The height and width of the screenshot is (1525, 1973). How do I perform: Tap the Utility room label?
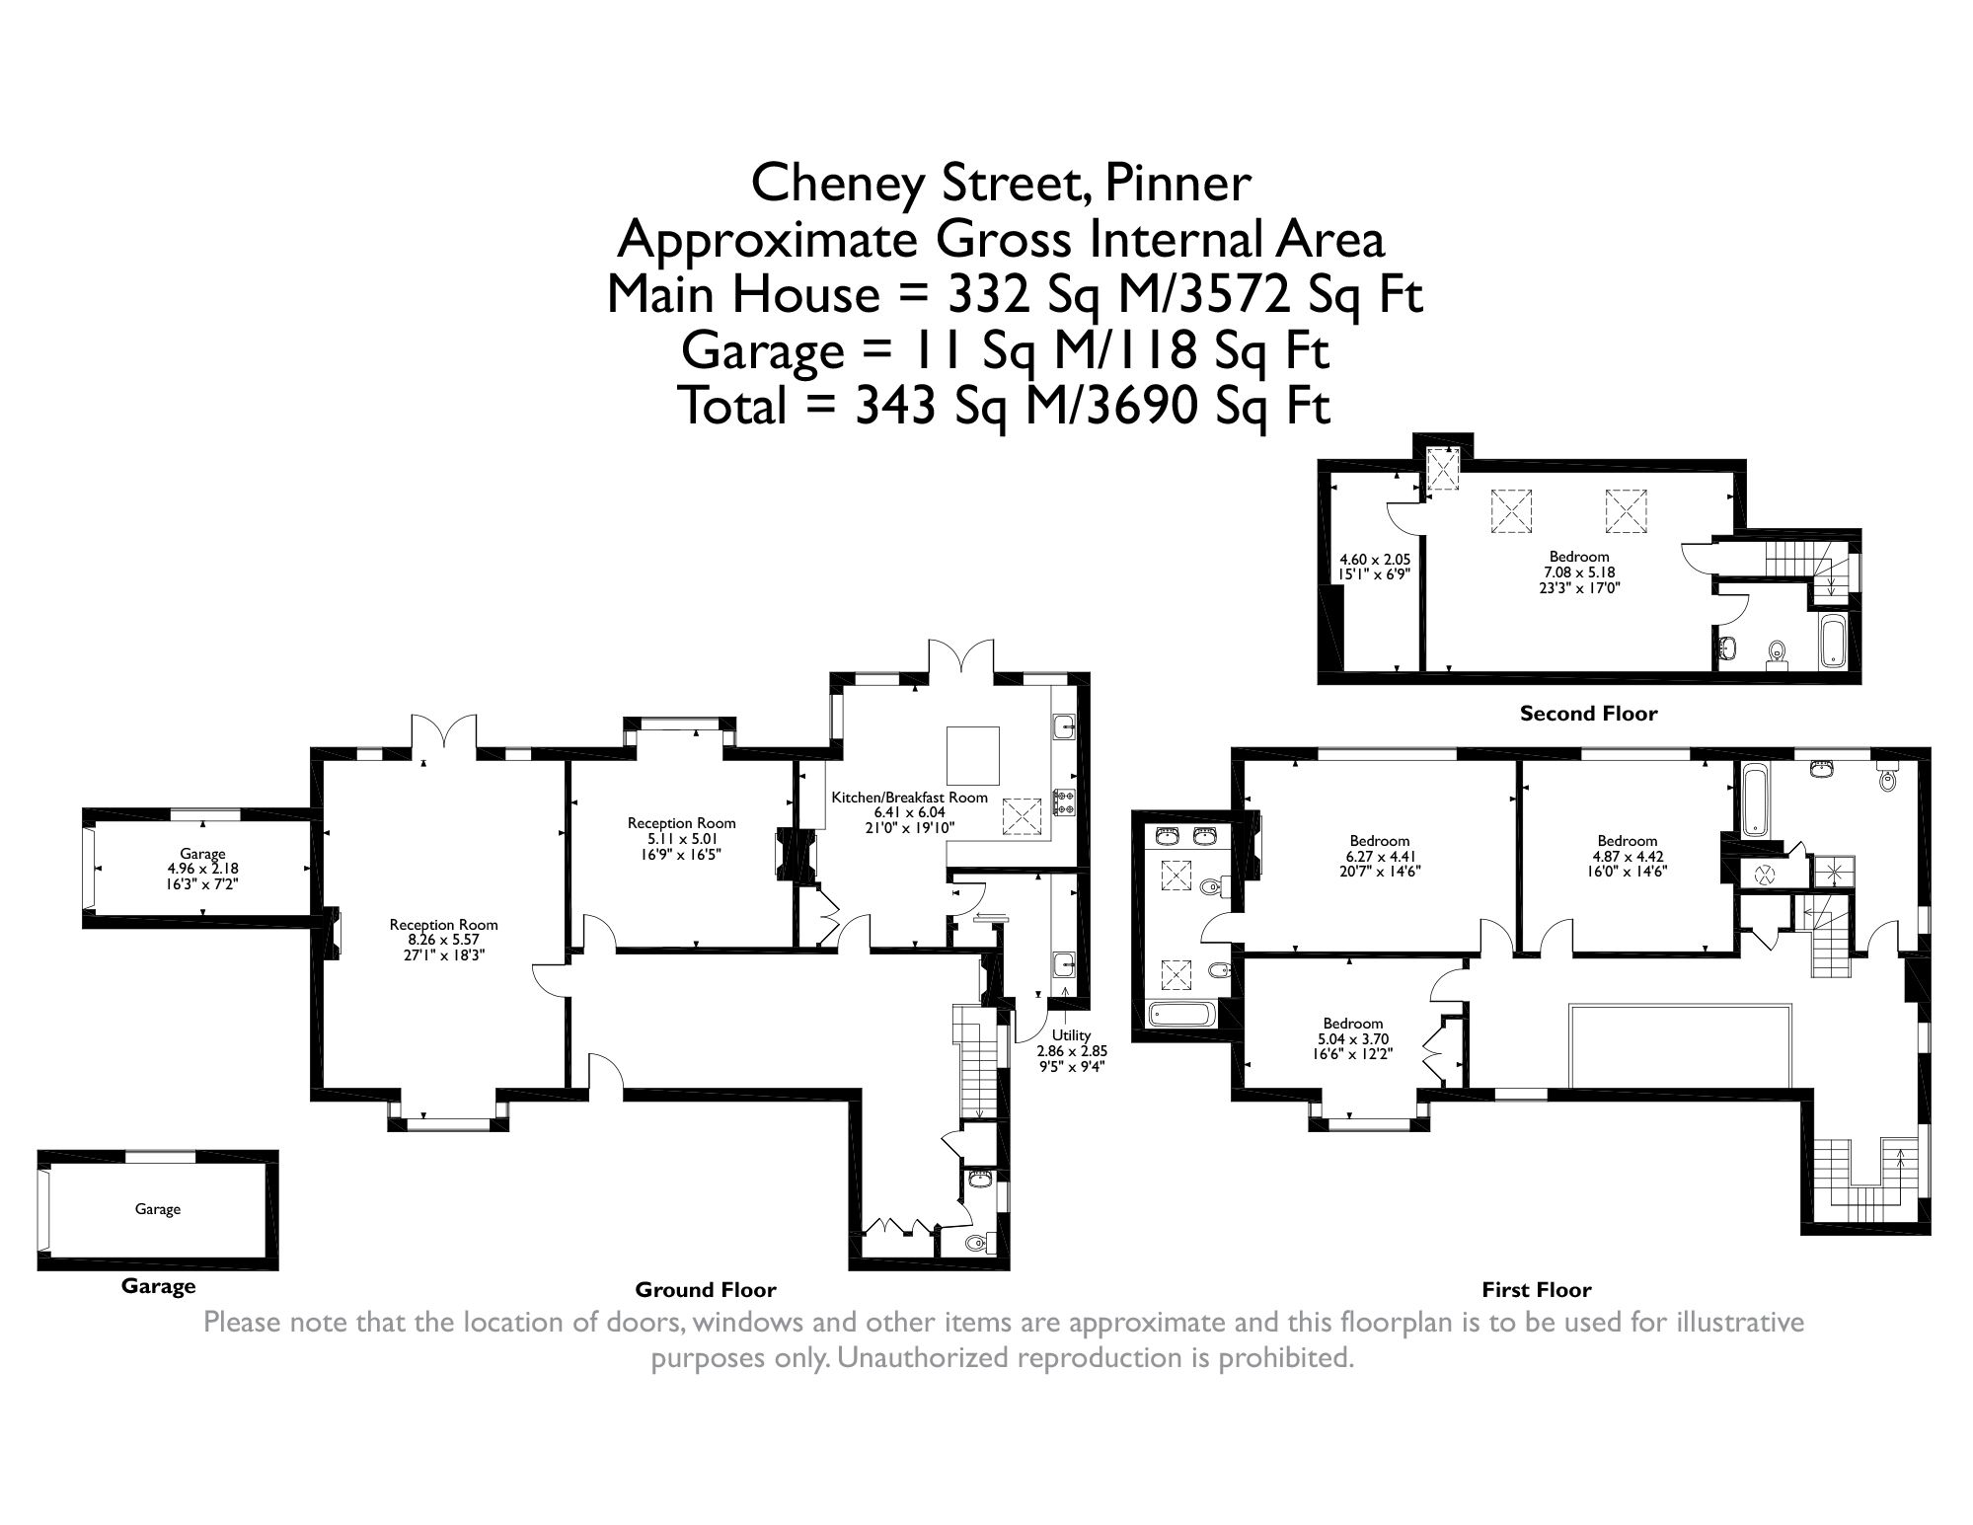tap(1071, 1034)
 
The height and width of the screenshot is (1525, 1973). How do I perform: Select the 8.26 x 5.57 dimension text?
tap(443, 940)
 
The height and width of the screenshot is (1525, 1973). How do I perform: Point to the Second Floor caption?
tap(1588, 713)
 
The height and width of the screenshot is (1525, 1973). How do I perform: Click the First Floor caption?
tap(1536, 1289)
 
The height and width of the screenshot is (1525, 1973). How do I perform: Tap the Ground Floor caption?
tap(705, 1289)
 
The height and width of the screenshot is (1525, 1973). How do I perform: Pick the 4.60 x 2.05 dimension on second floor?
tap(1367, 559)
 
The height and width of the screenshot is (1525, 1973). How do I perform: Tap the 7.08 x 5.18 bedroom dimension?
tap(1579, 572)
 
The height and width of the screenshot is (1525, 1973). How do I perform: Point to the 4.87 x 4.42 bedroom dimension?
tap(1628, 857)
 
